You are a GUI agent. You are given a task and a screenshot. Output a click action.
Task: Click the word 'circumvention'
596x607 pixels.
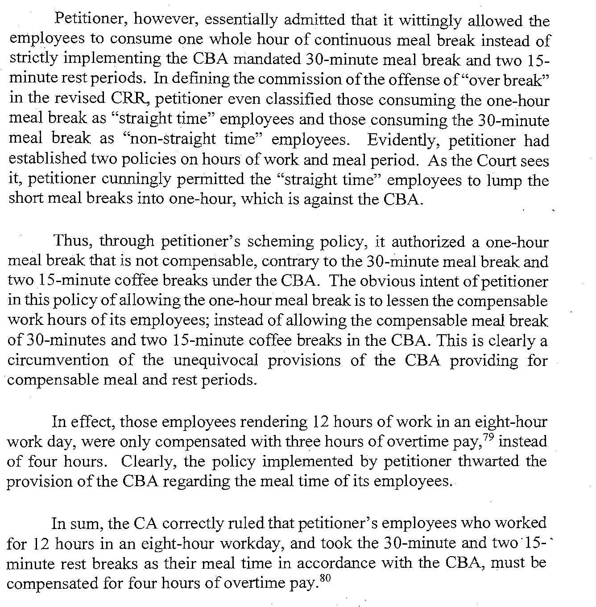(58, 360)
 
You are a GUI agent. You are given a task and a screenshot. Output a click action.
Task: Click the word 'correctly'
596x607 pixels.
(197, 523)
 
